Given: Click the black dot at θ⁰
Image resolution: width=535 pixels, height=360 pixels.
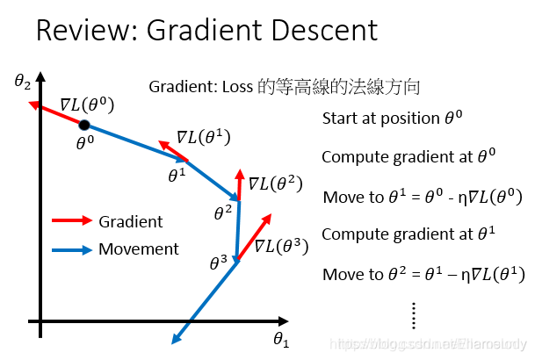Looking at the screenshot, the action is coord(84,126).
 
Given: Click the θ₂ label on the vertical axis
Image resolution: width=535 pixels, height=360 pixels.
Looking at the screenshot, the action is coord(23,83).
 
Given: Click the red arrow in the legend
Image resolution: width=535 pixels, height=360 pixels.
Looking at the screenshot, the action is coord(71,221).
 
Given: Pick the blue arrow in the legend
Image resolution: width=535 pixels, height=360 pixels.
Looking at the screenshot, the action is coord(71,249).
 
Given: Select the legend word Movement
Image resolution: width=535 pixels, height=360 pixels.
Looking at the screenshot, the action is coord(139,249).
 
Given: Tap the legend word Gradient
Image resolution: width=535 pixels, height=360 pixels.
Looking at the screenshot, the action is coord(131,221).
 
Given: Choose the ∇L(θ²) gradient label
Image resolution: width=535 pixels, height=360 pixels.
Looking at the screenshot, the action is coord(275,184).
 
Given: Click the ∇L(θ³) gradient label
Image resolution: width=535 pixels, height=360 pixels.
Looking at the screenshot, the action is coord(281,246).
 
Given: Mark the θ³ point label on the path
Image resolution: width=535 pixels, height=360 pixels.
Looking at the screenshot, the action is coord(218,262).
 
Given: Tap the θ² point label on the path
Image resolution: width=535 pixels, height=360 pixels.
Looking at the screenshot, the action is coord(223,211).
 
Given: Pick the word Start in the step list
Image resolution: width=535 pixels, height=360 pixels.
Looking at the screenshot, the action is coord(340,119).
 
